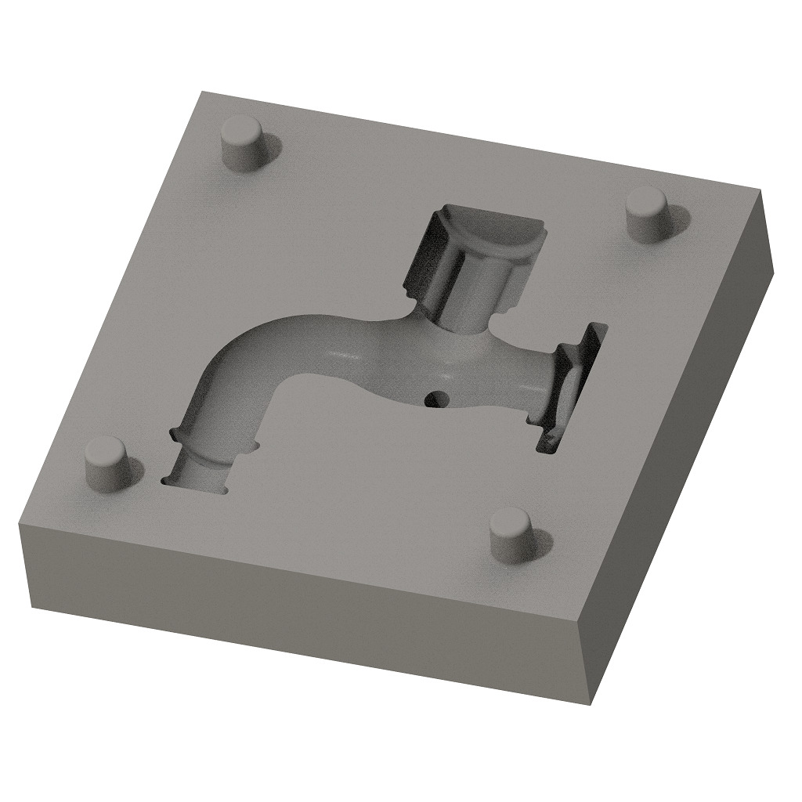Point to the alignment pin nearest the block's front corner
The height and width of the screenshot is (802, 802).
[x=511, y=536]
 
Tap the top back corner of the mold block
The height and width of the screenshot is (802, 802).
[x=202, y=92]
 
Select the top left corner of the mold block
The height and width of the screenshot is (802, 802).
[x=20, y=524]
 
